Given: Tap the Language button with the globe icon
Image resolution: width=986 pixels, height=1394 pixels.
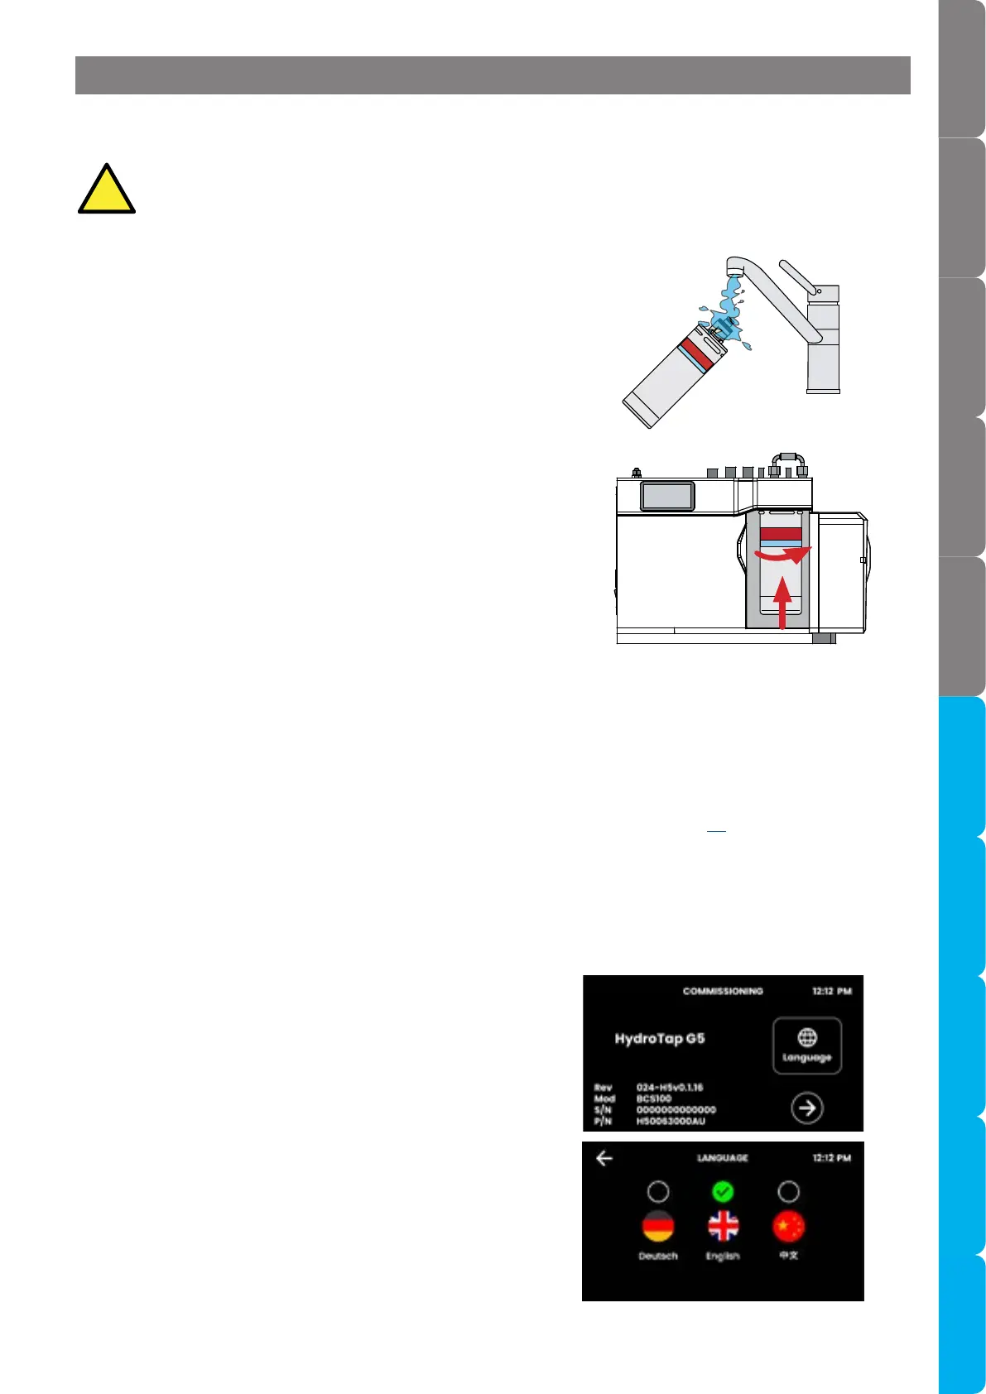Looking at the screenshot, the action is point(807,1045).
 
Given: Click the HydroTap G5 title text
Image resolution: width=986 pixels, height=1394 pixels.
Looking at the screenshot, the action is point(660,1038).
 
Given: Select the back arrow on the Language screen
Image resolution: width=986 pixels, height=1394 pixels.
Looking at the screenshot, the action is point(604,1158).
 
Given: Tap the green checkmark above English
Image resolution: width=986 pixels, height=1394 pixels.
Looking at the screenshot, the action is point(723,1191).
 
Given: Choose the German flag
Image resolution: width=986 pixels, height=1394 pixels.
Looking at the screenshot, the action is point(658,1226).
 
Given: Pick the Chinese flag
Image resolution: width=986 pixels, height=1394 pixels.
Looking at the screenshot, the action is point(788,1226).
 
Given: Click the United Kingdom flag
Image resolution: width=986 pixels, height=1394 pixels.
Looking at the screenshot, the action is point(723,1226).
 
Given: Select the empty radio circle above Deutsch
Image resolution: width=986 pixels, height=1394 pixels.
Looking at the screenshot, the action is point(658,1191).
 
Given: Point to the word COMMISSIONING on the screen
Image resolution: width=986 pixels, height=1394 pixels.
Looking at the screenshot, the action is point(723,991).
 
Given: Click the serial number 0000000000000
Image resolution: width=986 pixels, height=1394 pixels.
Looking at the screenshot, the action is point(676,1110).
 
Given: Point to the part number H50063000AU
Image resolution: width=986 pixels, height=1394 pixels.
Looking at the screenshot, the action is point(671,1121).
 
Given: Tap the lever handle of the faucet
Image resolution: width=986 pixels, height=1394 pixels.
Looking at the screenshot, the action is point(797,276).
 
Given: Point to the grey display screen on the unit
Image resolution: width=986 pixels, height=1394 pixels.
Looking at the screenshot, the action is point(667,496).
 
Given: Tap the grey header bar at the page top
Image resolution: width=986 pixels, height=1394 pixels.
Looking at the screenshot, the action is point(493,75).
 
